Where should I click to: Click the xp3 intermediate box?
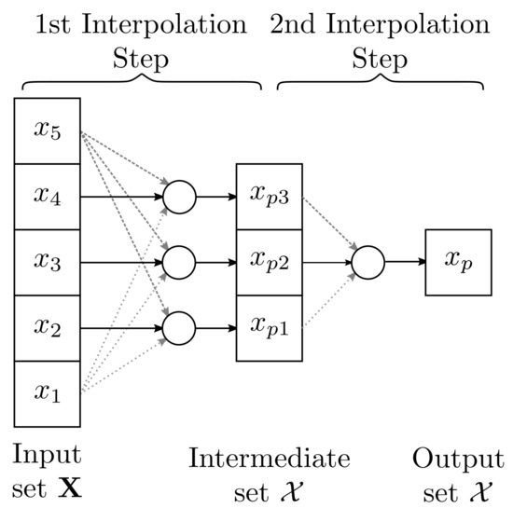pyautogui.click(x=270, y=197)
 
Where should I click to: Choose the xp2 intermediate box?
pyautogui.click(x=270, y=262)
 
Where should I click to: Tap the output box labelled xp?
pyautogui.click(x=458, y=262)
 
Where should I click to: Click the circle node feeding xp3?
pyautogui.click(x=179, y=197)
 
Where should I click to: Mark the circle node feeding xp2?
pyautogui.click(x=179, y=262)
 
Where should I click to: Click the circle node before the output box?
pyautogui.click(x=367, y=262)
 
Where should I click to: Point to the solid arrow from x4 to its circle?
pyautogui.click(x=121, y=197)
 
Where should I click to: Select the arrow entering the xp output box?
pyautogui.click(x=403, y=262)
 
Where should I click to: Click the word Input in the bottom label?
pyautogui.click(x=47, y=455)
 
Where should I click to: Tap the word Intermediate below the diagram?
pyautogui.click(x=269, y=458)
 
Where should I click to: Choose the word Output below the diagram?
pyautogui.click(x=457, y=458)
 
